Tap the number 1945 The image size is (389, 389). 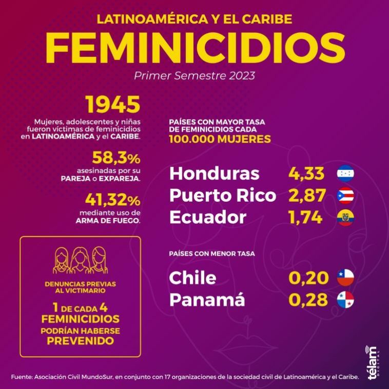pos(113,105)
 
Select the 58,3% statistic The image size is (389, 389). pos(116,158)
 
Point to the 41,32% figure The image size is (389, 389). pos(112,198)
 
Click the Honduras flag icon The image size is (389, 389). pos(345,173)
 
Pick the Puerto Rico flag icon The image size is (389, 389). pos(345,196)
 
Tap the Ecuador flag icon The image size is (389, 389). pos(345,218)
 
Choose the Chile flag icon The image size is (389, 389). pos(345,278)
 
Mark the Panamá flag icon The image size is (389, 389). pos(345,300)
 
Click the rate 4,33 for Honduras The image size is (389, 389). pos(306,173)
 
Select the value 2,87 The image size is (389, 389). pos(306,196)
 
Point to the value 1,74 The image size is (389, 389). pos(305,218)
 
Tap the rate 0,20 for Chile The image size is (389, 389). pos(308,278)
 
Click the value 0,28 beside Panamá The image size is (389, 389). pos(308,300)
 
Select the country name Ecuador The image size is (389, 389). pos(208,218)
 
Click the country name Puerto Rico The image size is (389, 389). pos(222,196)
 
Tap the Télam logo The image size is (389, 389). pos(373,362)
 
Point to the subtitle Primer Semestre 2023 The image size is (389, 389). pos(194,75)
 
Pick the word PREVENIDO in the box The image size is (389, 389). pos(80,340)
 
